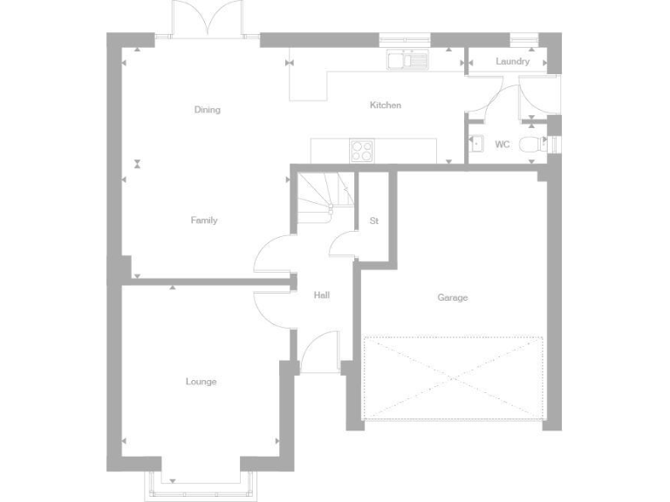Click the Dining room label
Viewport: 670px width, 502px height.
point(208,110)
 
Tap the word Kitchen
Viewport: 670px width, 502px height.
point(386,105)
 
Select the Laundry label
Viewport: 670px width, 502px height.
point(512,62)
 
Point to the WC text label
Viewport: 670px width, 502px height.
point(502,145)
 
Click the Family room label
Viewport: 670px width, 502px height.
point(204,220)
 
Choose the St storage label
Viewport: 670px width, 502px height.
point(374,220)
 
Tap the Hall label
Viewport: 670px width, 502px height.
point(322,295)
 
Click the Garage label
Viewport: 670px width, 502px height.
point(453,298)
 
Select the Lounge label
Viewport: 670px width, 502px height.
point(201,382)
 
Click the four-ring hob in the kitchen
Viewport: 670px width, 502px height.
point(362,150)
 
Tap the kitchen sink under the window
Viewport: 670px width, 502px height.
point(407,59)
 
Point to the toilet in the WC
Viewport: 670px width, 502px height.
point(530,146)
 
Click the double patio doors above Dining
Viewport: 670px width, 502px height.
point(206,19)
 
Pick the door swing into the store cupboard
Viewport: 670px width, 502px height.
point(343,244)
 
